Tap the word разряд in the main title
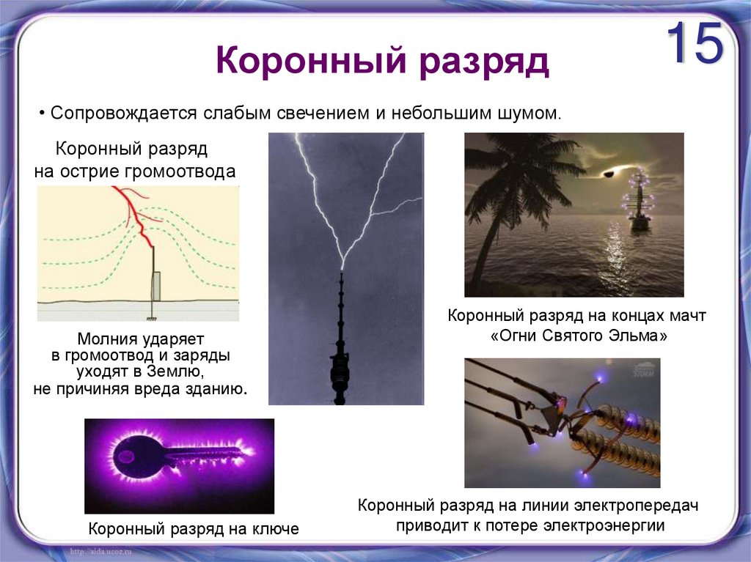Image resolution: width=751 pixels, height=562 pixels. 484,63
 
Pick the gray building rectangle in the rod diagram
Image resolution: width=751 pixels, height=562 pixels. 156,286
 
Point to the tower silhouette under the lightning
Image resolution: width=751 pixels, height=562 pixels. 340,352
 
